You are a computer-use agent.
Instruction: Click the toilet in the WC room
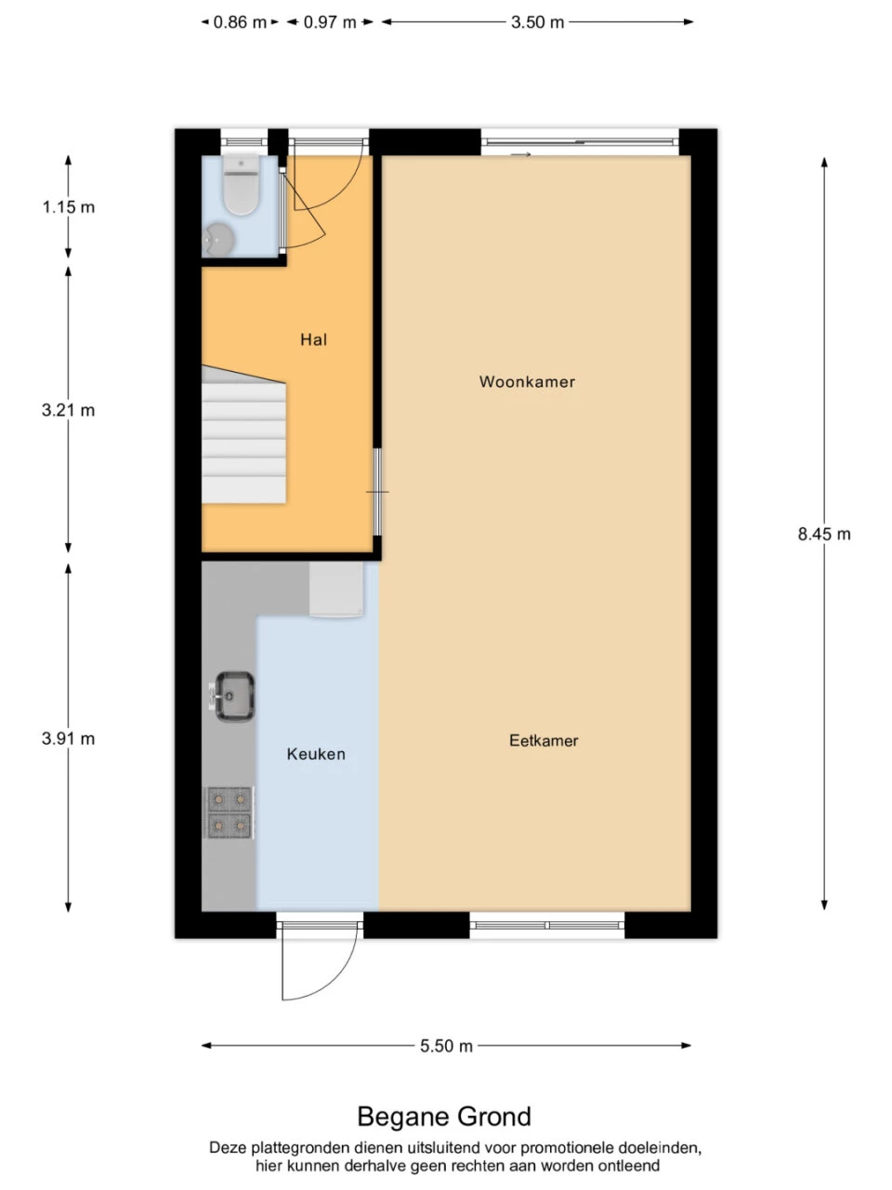[241, 184]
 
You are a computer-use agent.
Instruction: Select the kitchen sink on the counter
[233, 696]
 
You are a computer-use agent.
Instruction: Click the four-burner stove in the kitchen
[230, 813]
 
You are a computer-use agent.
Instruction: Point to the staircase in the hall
[243, 435]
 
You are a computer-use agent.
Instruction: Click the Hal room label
[313, 340]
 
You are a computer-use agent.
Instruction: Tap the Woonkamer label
[527, 382]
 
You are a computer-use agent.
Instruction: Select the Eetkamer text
[544, 741]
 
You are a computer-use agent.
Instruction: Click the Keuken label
[316, 754]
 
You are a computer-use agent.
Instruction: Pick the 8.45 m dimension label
[824, 534]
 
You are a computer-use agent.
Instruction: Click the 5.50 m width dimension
[446, 1045]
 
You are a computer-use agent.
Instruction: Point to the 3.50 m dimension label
[537, 22]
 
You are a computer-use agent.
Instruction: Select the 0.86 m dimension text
[240, 22]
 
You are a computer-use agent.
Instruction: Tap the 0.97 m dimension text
[330, 22]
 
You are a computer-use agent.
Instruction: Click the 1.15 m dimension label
[69, 207]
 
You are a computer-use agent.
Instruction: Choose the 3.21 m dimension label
[68, 410]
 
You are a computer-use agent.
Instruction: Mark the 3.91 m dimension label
[68, 738]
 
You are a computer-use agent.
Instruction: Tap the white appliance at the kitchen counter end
[336, 589]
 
